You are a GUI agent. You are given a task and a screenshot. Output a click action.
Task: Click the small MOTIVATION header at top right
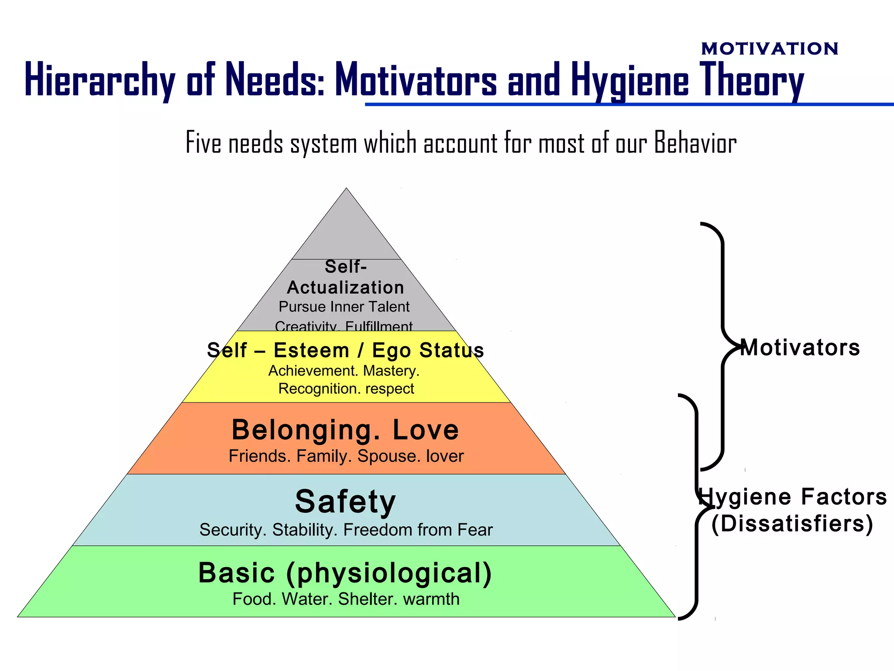click(770, 48)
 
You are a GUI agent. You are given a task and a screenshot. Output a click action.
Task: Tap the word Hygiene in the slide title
click(630, 80)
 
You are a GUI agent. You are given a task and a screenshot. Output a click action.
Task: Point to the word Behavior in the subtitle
click(695, 143)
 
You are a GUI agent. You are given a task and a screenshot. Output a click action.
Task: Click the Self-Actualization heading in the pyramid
click(346, 277)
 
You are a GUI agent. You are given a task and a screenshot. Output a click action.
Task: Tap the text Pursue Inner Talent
click(344, 307)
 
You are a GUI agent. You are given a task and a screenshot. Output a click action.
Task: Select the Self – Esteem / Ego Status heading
click(345, 350)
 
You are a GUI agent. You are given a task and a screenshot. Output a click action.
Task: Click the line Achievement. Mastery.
click(344, 371)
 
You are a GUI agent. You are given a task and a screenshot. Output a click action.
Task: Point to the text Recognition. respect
click(346, 388)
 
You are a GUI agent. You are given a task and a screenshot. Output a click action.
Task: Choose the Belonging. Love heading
click(345, 430)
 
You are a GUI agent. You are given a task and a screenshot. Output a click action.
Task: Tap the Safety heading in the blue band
click(345, 502)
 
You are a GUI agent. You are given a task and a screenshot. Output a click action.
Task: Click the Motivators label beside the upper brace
click(800, 348)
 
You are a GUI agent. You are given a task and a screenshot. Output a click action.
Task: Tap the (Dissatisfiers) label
click(792, 524)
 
